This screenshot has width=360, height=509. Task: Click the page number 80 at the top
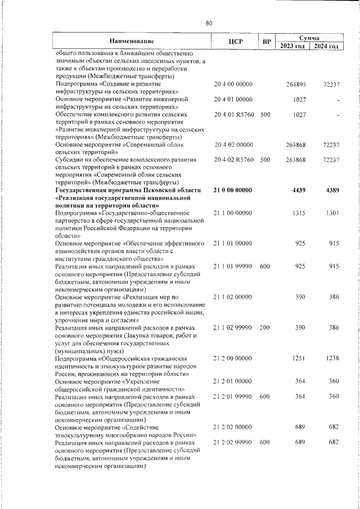(209, 23)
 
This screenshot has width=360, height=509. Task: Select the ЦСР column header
(236, 41)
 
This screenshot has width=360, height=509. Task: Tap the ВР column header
(267, 42)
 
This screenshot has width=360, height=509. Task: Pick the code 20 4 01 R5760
(234, 115)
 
